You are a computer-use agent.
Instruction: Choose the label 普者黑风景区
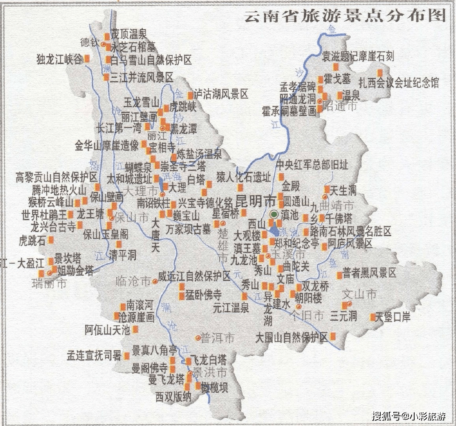pyautogui.click(x=369, y=273)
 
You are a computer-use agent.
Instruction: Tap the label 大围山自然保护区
pyautogui.click(x=292, y=338)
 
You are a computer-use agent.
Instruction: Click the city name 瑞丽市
pyautogui.click(x=49, y=283)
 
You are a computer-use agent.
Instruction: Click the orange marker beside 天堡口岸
pyautogui.click(x=373, y=317)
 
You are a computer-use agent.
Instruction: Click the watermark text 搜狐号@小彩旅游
pyautogui.click(x=409, y=415)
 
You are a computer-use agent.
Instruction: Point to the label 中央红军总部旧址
pyautogui.click(x=312, y=164)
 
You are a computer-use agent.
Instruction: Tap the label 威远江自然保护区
pyautogui.click(x=194, y=276)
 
